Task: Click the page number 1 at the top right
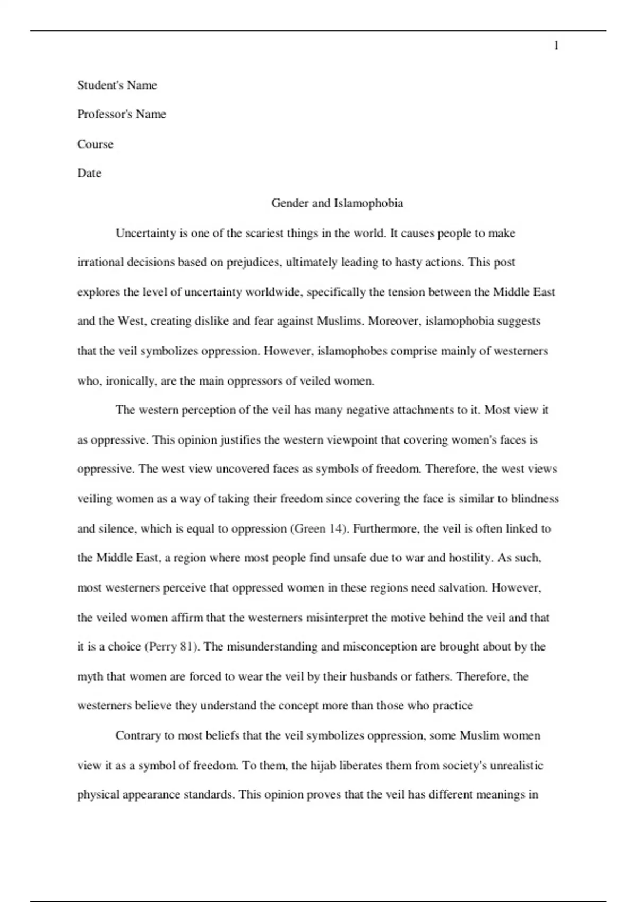coord(556,46)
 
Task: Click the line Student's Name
coord(117,85)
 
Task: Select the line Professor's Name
coord(122,115)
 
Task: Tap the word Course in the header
coord(95,144)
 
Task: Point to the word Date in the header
coord(89,174)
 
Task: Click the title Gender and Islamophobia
coord(337,203)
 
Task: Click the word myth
coord(90,677)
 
